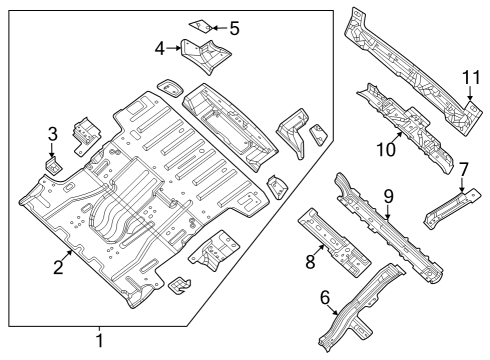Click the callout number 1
tap(98, 342)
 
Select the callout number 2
tap(58, 267)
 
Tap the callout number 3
tap(53, 134)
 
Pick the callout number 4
tap(160, 47)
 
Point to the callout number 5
tap(234, 28)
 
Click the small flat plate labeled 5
tap(201, 24)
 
